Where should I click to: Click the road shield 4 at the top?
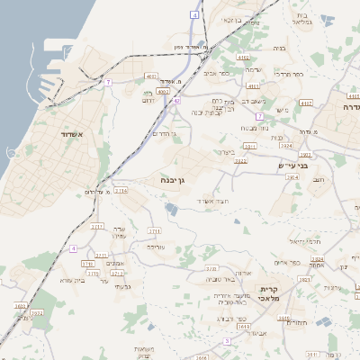tap(195, 15)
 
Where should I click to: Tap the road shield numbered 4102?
tap(243, 57)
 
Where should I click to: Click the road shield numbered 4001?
tap(151, 76)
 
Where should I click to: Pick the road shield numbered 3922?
tap(287, 145)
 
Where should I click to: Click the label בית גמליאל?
tap(302, 21)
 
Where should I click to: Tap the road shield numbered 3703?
tap(211, 268)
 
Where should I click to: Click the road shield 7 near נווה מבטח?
tap(258, 116)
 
